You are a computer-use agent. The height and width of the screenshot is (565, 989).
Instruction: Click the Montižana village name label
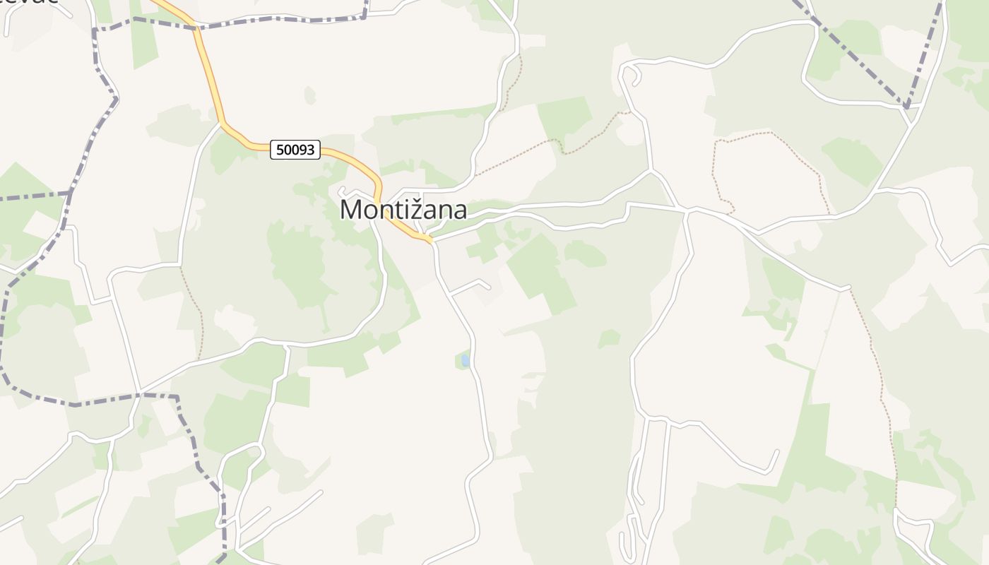[x=403, y=210]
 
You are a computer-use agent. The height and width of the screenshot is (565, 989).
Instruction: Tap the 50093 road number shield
[x=295, y=150]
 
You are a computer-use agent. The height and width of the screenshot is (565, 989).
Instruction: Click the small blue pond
[x=466, y=361]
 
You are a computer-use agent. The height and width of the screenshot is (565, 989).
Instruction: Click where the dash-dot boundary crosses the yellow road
[x=196, y=28]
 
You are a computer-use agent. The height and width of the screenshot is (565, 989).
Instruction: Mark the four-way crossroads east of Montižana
[x=685, y=210]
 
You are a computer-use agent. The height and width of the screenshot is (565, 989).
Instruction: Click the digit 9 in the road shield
[x=306, y=150]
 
